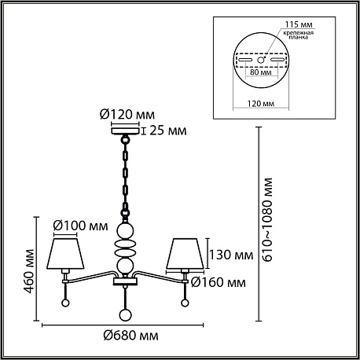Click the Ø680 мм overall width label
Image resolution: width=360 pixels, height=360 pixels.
(x=130, y=336)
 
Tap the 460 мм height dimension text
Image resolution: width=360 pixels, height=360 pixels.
(x=29, y=271)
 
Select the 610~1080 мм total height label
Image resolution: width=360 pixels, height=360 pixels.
(x=268, y=219)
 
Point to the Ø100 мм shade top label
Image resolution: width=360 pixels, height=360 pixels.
(x=80, y=226)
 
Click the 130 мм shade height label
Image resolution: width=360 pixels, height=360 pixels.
(x=231, y=255)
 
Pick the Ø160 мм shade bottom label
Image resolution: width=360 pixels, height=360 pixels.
(x=219, y=282)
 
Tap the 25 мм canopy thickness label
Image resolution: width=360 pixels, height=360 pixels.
(x=168, y=130)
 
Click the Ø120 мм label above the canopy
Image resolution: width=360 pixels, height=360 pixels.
(x=127, y=115)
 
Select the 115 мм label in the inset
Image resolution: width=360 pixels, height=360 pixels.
(x=299, y=24)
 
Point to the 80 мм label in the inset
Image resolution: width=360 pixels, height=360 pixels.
(x=260, y=72)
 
